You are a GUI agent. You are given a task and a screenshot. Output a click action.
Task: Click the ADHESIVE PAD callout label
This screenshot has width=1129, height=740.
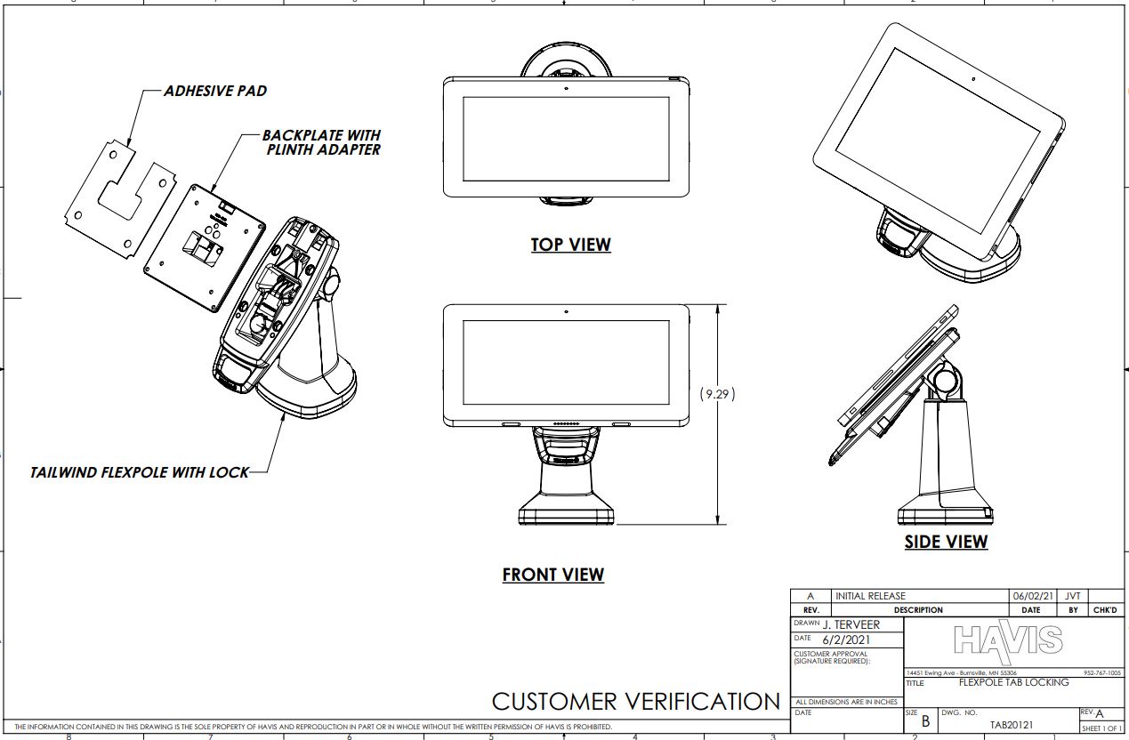point(214,91)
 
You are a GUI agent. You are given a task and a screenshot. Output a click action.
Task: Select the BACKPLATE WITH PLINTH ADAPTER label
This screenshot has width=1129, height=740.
point(320,142)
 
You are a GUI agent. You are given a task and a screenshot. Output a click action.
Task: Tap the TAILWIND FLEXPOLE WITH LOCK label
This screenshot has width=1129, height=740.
point(140,472)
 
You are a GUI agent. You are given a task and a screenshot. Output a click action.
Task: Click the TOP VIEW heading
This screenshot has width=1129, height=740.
point(570,245)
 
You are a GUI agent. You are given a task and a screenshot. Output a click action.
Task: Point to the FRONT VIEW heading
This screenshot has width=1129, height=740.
point(552,575)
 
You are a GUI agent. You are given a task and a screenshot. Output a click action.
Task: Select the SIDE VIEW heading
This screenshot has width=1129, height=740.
point(946,541)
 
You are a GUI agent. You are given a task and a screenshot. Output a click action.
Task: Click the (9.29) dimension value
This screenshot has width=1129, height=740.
point(718,394)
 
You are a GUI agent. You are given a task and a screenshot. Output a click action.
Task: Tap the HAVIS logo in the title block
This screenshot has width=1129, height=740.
point(1007,639)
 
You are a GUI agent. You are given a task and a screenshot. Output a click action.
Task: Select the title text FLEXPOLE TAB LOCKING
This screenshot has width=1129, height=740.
point(1013,682)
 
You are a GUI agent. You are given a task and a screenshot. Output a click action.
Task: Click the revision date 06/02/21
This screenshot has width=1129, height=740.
point(1030,596)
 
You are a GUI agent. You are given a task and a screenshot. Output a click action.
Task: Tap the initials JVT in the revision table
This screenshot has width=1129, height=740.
point(1073,596)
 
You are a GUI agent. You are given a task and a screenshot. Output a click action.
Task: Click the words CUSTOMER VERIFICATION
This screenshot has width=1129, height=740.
point(635,701)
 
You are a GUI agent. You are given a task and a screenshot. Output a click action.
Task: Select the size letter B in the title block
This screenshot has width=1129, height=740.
point(925,722)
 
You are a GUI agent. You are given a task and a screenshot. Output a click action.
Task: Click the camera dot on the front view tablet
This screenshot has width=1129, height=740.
point(566,312)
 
